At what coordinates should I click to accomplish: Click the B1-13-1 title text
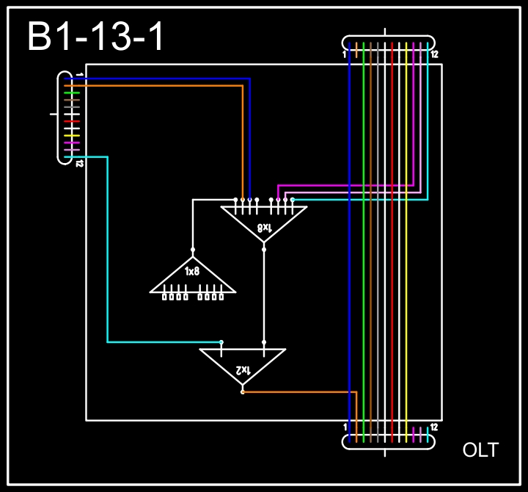[x=95, y=36]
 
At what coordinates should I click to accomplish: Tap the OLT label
[x=480, y=450]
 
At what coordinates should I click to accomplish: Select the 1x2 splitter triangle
[x=243, y=366]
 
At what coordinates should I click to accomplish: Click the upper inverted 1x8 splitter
[x=264, y=223]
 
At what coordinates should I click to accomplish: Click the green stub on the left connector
[x=72, y=93]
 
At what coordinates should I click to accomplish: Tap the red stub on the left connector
[x=72, y=121]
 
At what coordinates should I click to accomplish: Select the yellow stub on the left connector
[x=72, y=136]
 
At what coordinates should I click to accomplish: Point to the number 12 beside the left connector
[x=79, y=164]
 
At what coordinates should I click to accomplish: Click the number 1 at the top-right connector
[x=344, y=54]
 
